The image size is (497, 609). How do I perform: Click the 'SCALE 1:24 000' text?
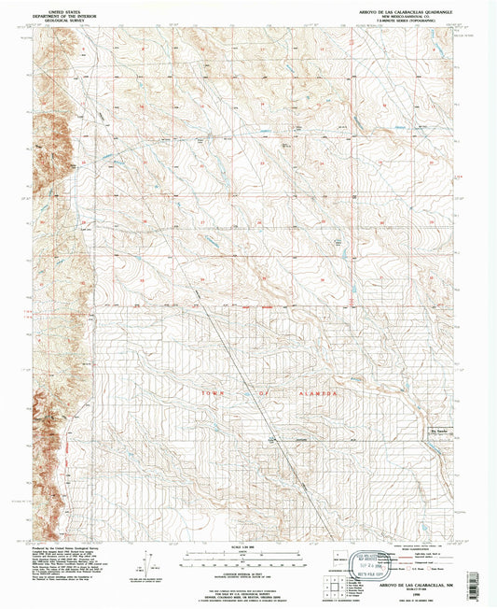pyautogui.click(x=247, y=546)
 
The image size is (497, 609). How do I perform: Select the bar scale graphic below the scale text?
pyautogui.click(x=247, y=559)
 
